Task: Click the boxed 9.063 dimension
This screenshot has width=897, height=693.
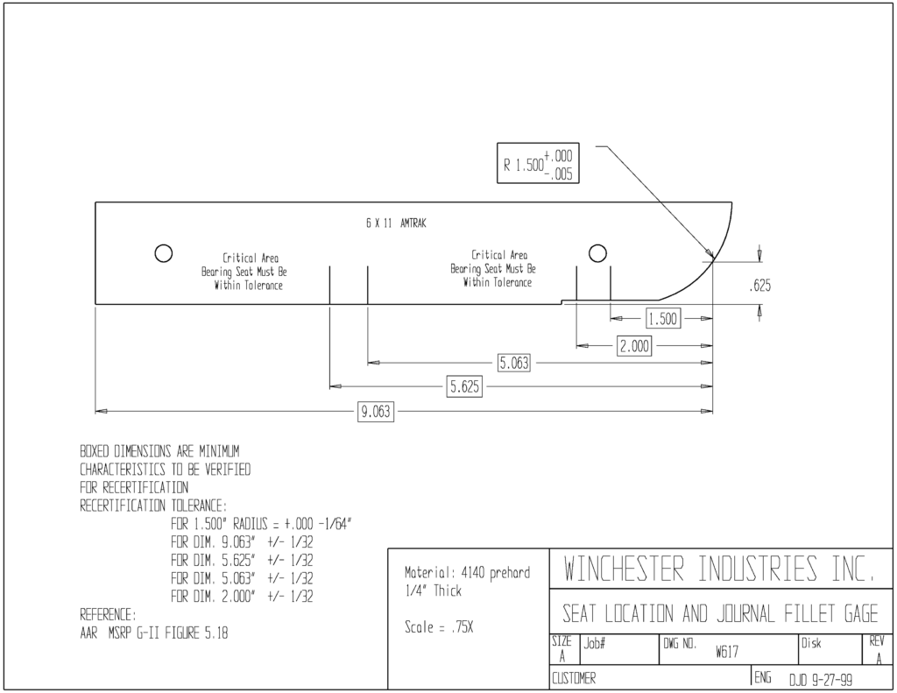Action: pyautogui.click(x=375, y=412)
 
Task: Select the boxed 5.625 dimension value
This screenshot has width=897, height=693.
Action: pyautogui.click(x=464, y=387)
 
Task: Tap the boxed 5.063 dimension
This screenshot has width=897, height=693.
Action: pyautogui.click(x=513, y=363)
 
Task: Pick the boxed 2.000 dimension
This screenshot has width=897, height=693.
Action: pyautogui.click(x=634, y=346)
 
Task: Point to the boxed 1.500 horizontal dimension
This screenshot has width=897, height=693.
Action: pyautogui.click(x=663, y=318)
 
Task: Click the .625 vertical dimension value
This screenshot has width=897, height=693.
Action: pyautogui.click(x=759, y=285)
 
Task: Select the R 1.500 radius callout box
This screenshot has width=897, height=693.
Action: pyautogui.click(x=538, y=163)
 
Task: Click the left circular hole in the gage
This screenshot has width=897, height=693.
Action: pyautogui.click(x=164, y=253)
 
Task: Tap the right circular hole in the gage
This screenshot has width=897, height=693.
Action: pyautogui.click(x=597, y=253)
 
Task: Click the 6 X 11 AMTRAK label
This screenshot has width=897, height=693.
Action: pyautogui.click(x=396, y=223)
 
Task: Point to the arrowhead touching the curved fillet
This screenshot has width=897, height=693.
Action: pyautogui.click(x=710, y=255)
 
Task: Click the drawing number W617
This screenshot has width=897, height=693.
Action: pyautogui.click(x=726, y=652)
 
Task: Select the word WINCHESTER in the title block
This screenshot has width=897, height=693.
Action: pyautogui.click(x=624, y=569)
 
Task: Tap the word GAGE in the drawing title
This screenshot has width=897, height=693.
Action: pyautogui.click(x=861, y=614)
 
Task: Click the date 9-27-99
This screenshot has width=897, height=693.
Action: pyautogui.click(x=831, y=680)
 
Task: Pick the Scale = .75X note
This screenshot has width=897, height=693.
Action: pyautogui.click(x=439, y=627)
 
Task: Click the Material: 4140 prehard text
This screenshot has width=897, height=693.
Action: pyautogui.click(x=468, y=573)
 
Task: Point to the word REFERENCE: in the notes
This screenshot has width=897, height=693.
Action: pyautogui.click(x=108, y=615)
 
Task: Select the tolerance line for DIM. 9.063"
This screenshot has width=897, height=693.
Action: pyautogui.click(x=242, y=542)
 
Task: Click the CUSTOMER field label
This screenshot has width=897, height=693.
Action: pyautogui.click(x=573, y=679)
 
